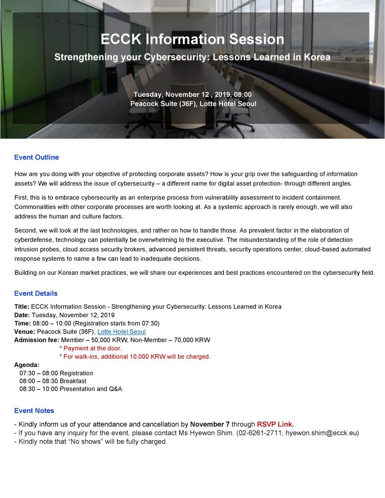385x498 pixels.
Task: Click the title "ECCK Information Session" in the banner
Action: (192, 39)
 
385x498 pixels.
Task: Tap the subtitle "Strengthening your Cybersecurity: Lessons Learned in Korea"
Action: (192, 57)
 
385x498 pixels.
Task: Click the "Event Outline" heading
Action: (37, 157)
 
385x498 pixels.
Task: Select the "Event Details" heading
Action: (36, 293)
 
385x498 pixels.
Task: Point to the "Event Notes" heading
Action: (34, 410)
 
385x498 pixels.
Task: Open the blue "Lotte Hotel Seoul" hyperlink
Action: (122, 332)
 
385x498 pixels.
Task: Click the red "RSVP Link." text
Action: (275, 424)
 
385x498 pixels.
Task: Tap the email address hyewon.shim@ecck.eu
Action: (321, 433)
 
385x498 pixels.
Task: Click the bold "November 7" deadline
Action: (210, 424)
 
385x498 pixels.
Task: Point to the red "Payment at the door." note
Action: (91, 348)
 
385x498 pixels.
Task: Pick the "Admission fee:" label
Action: (37, 340)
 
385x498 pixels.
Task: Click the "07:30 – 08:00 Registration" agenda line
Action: (56, 373)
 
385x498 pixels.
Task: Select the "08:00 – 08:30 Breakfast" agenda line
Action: (53, 381)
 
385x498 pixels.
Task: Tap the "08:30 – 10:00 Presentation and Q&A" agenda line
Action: (71, 389)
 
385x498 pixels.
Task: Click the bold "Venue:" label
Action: (24, 332)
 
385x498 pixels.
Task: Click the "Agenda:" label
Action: (27, 365)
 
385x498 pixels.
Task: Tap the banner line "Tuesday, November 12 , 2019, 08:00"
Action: (192, 94)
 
